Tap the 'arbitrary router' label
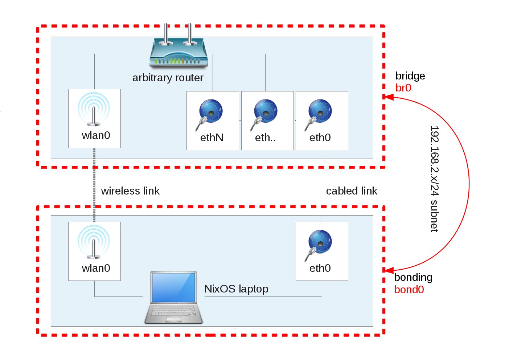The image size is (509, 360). pos(168,78)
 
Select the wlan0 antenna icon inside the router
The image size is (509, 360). pos(94,109)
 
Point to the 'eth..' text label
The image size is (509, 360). pos(265,138)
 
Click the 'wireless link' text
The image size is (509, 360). pos(130,191)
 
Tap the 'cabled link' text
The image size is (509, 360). pos(352,191)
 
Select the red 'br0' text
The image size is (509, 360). pos(403,88)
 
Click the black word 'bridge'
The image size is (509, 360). pos(410,76)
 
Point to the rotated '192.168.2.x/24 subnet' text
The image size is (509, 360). pos(434,179)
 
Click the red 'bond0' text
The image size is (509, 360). pos(409,290)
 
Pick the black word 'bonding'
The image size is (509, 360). pos(413,277)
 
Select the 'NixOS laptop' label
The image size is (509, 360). pos(236,289)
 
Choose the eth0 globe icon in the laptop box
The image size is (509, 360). pos(320,244)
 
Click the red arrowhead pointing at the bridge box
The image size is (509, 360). pos(389,97)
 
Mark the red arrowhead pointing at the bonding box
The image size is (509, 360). pos(389,270)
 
